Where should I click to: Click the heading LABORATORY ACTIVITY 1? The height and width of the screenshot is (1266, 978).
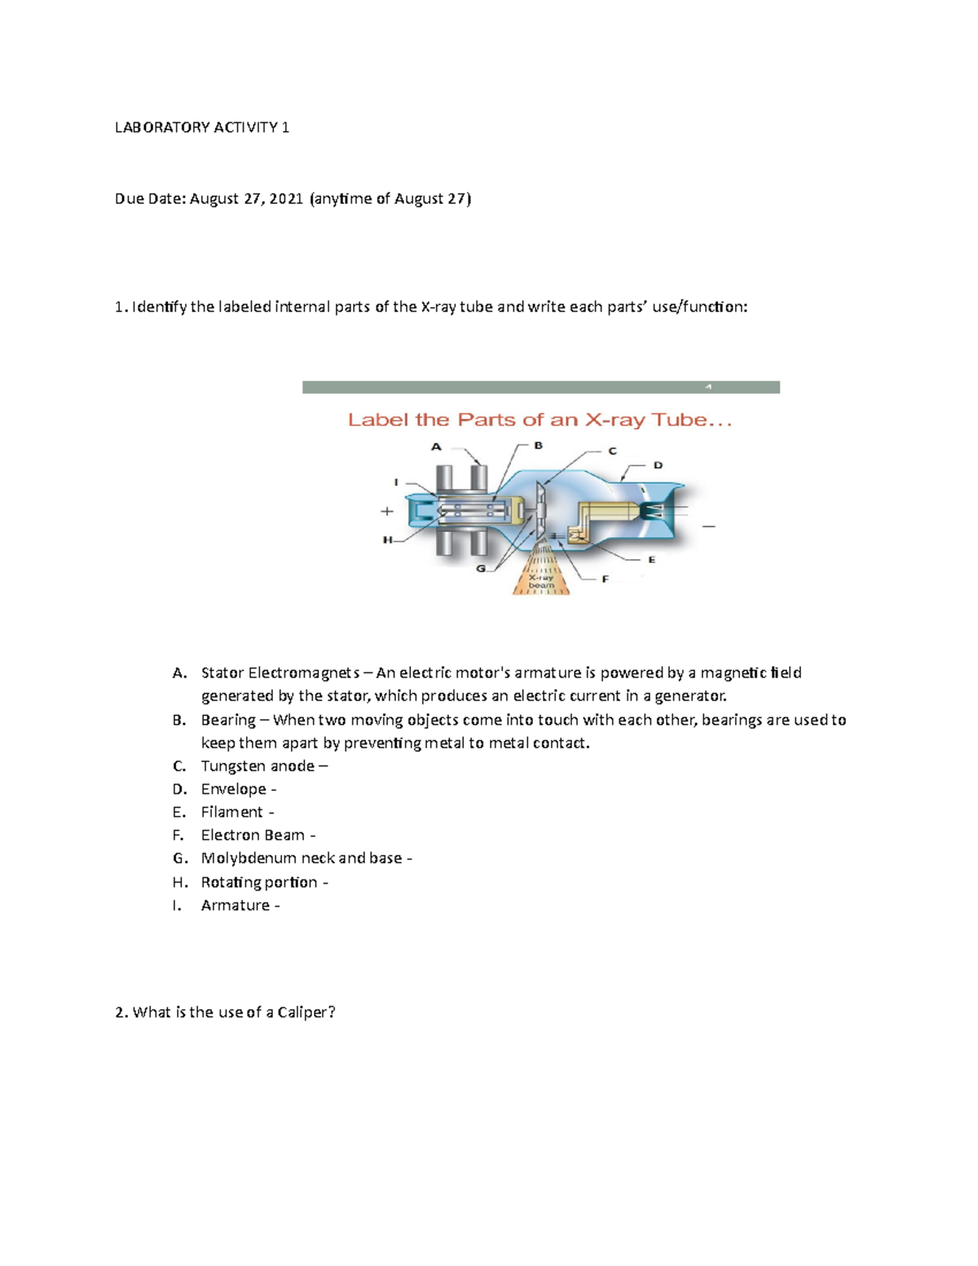point(201,127)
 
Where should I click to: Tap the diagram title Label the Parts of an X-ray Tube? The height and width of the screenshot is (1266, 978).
point(540,421)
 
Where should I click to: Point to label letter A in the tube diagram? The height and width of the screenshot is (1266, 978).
point(436,447)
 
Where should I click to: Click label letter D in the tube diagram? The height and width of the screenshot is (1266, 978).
point(658,465)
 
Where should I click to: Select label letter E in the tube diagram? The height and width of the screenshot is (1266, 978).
point(651,560)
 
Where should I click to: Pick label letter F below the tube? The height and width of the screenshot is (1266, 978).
point(605,579)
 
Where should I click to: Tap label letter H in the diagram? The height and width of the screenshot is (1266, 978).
point(388,540)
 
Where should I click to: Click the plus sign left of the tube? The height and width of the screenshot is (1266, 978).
point(387,511)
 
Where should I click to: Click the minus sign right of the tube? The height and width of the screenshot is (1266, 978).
point(708,527)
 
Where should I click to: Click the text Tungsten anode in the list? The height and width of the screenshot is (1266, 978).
point(258,766)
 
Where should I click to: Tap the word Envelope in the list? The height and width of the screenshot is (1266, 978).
point(233,789)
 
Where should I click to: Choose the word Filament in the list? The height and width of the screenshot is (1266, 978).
point(231,813)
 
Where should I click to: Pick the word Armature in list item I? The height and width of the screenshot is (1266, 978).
point(235,906)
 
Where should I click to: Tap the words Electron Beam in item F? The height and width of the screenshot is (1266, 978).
point(253,836)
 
